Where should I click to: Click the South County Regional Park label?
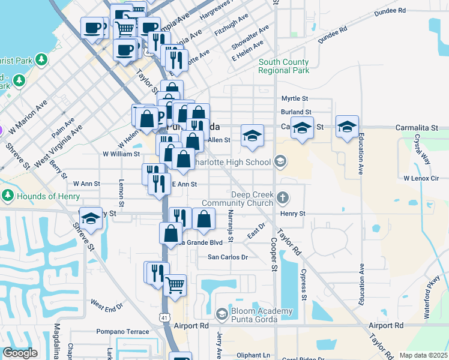point(284,66)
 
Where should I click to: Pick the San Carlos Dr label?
point(228,257)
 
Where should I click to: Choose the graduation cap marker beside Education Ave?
point(347,126)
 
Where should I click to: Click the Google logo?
point(20,353)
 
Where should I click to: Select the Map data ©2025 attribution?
point(423,355)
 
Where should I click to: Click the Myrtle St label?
point(295,99)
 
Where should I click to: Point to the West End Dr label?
point(106,305)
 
